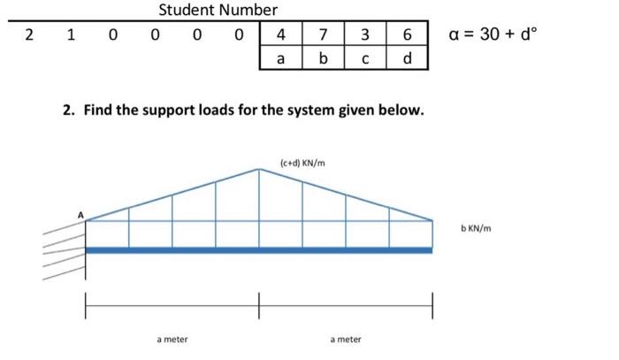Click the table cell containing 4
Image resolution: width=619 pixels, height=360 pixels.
(280, 34)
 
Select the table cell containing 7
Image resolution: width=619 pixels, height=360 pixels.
(323, 34)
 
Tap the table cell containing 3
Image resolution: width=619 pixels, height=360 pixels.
(365, 34)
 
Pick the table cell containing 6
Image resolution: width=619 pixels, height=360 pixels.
(407, 34)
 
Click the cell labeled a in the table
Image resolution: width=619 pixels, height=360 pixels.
(280, 58)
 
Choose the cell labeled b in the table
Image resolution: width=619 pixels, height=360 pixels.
(323, 58)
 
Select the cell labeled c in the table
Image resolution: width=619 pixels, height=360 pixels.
(365, 58)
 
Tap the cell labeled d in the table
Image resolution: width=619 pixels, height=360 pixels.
(407, 58)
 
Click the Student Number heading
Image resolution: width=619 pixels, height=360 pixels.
(218, 10)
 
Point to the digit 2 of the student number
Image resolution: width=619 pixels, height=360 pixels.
(28, 34)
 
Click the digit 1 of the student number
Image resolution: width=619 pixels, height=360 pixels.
(71, 34)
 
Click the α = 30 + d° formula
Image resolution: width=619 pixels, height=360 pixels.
(493, 34)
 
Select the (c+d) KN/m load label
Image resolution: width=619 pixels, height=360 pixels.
(302, 163)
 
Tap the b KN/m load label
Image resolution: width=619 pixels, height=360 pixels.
(476, 228)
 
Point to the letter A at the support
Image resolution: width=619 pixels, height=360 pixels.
(80, 215)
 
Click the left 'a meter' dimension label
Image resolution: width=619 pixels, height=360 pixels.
(172, 339)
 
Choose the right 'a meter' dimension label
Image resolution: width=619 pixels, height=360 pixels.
(346, 339)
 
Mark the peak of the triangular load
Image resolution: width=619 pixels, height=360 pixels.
(259, 169)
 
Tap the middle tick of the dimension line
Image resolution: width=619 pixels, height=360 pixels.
(259, 305)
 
